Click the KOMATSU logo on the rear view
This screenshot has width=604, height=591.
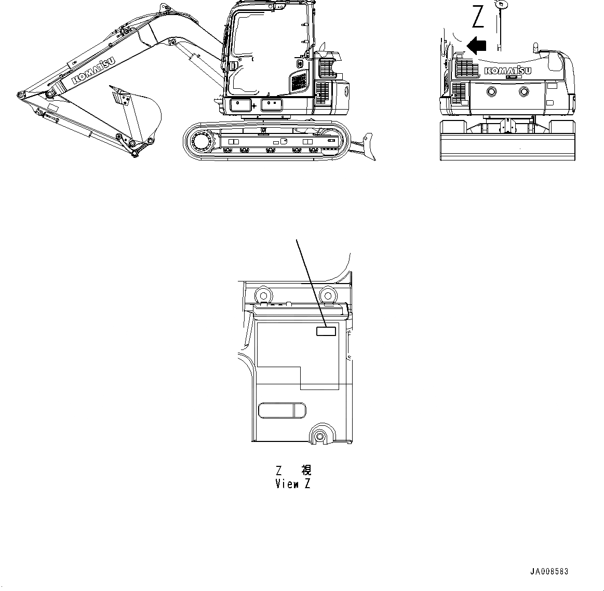click(507, 71)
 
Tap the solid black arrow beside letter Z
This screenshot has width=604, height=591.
click(476, 45)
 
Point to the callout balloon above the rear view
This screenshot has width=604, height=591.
click(501, 4)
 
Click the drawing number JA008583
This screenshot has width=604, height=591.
click(549, 571)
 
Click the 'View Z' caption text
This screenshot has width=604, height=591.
click(293, 484)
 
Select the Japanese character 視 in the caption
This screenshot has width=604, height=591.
click(306, 471)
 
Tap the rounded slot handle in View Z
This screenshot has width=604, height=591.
click(283, 410)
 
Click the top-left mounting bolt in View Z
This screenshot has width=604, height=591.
click(263, 293)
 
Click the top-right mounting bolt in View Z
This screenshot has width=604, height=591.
click(327, 294)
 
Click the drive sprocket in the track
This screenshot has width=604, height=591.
click(200, 140)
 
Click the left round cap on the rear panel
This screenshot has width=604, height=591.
click(491, 92)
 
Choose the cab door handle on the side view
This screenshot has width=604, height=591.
click(233, 66)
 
